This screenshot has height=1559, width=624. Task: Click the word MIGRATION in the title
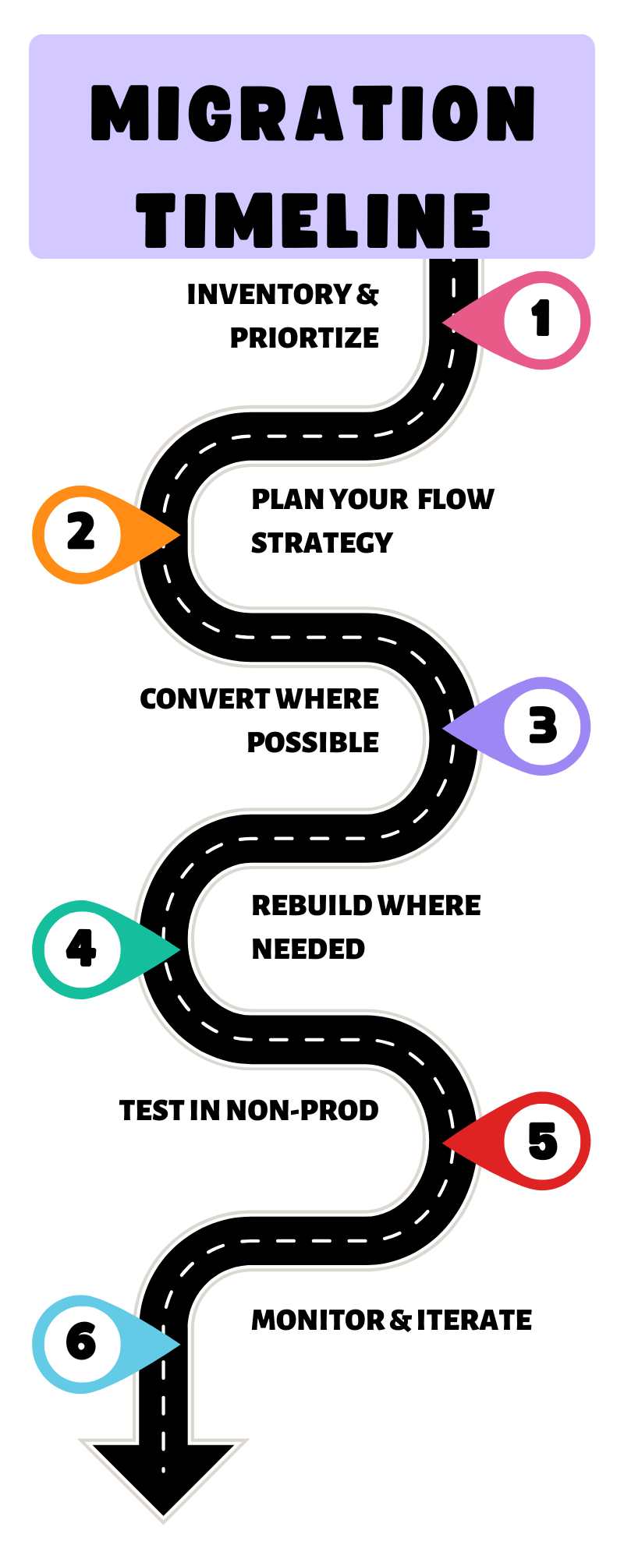[x=312, y=114]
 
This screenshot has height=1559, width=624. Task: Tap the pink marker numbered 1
[x=541, y=320]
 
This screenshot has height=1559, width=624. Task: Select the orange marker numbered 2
[x=81, y=535]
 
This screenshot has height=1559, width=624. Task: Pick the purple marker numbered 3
[x=542, y=726]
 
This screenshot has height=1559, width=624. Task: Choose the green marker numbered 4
[x=81, y=949]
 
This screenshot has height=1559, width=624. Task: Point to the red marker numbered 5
[x=542, y=1141]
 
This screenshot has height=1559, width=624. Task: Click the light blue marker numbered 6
[x=81, y=1343]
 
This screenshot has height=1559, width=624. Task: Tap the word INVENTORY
[x=269, y=295]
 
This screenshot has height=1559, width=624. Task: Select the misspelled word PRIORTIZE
[x=304, y=338]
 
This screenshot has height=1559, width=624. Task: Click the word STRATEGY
[x=321, y=543]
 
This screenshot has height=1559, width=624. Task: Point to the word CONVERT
[x=204, y=699]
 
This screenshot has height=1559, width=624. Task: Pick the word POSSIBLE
[x=313, y=743]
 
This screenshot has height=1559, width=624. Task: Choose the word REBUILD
[x=311, y=906]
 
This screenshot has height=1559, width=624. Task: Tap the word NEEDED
[x=308, y=949]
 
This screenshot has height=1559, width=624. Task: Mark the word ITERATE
[x=473, y=1320]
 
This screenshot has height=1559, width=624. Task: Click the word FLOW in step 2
[x=456, y=500]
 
